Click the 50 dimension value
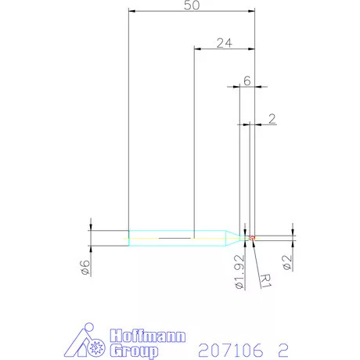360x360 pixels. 192,5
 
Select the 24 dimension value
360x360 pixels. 225,43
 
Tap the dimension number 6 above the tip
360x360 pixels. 247,81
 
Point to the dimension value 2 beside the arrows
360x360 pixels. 272,119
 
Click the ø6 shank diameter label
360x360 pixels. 85,268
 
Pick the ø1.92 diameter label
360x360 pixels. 239,272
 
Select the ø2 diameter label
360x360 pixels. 286,262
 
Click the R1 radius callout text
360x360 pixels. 266,281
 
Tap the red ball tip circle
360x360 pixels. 252,238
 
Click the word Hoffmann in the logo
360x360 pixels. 148,336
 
